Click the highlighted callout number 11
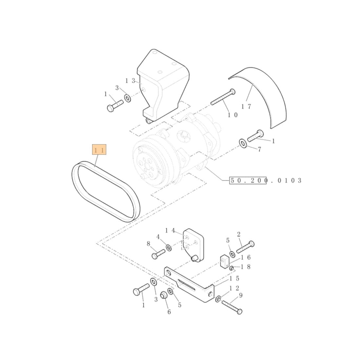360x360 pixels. click(x=99, y=150)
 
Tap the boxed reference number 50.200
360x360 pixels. click(x=248, y=180)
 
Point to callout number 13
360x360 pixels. click(x=130, y=81)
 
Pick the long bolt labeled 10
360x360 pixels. click(x=222, y=98)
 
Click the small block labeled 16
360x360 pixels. click(x=225, y=261)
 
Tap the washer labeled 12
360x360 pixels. click(x=219, y=299)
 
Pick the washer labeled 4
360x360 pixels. click(x=168, y=247)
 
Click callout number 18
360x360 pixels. click(x=245, y=267)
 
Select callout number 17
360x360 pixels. click(x=246, y=107)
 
